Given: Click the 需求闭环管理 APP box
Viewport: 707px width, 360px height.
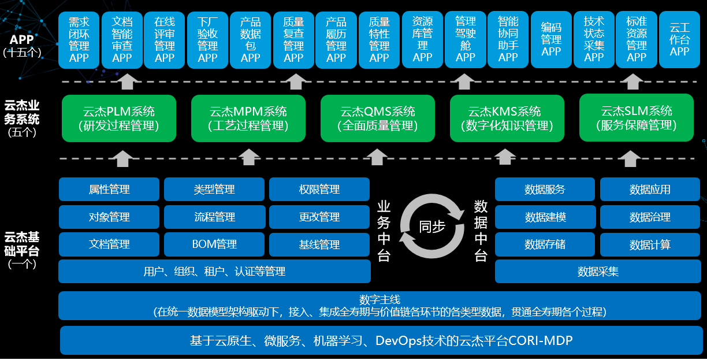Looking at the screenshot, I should click(x=79, y=39).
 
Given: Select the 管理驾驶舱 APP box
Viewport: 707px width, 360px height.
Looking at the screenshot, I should click(x=465, y=39).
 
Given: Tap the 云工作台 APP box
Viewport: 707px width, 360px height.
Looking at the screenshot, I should click(x=679, y=39).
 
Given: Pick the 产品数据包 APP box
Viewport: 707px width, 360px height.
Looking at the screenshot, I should click(x=251, y=39).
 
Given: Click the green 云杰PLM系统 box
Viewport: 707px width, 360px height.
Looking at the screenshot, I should click(x=118, y=118).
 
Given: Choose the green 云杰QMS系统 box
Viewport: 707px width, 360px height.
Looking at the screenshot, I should click(x=377, y=118).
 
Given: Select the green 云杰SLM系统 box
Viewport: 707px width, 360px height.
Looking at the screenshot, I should click(x=636, y=118).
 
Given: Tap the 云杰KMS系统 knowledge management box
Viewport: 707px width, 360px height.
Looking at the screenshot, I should click(x=507, y=118).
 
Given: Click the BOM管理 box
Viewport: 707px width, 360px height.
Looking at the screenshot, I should click(x=214, y=244).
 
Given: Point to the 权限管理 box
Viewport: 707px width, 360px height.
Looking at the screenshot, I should click(x=319, y=190).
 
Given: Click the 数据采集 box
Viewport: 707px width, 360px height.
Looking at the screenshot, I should click(x=598, y=271).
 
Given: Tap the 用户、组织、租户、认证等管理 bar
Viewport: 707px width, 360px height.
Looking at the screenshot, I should click(x=214, y=271).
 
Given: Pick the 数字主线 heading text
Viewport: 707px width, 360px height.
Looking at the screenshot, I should click(x=379, y=299).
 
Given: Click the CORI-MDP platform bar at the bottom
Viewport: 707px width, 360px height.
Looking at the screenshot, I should click(x=381, y=340).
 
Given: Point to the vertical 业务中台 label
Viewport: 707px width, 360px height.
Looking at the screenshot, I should click(x=384, y=231).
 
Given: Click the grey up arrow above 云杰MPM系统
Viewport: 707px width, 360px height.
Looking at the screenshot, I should click(x=248, y=157).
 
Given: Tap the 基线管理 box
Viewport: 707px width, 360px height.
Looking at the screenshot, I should click(x=319, y=244).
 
